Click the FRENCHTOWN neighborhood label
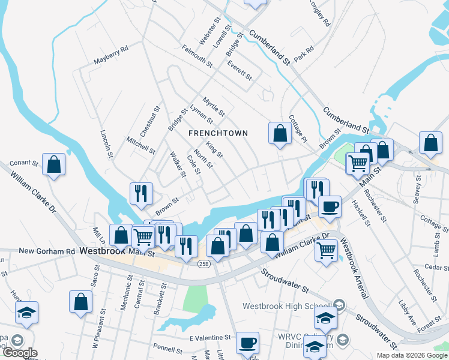[218, 133]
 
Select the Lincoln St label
[107, 145]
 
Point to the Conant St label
[24, 163]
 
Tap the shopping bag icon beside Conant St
[54, 165]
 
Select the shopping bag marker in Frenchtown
[280, 133]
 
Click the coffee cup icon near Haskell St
[329, 207]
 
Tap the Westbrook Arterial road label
[354, 270]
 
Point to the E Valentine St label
[210, 338]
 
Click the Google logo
[20, 353]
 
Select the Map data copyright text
[411, 355]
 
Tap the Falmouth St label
[197, 57]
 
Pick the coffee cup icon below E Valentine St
[247, 343]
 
